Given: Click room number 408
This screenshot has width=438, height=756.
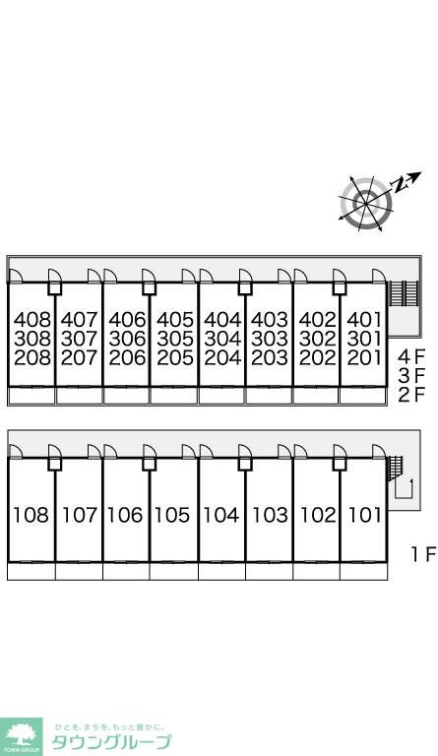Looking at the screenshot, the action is click(x=31, y=319).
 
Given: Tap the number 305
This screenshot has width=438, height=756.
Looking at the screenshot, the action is click(x=175, y=339).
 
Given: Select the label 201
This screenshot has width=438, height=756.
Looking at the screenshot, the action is click(x=365, y=357).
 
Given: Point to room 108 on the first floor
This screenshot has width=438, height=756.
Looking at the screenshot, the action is click(x=31, y=515).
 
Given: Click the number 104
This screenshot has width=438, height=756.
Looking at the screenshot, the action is click(x=221, y=515).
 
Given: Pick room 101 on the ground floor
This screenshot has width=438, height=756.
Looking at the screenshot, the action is click(x=365, y=515).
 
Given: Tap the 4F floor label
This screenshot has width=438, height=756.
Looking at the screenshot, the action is click(x=412, y=357).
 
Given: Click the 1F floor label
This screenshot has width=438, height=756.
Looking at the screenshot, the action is click(x=423, y=554).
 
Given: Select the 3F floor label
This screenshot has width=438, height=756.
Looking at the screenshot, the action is click(x=412, y=376).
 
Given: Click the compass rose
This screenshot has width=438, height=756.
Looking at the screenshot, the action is click(x=366, y=204).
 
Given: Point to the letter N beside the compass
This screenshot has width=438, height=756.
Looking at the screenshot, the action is click(x=398, y=184).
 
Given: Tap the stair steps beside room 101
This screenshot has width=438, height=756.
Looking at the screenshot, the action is click(x=395, y=467).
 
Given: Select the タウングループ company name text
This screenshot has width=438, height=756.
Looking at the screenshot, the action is click(x=111, y=742).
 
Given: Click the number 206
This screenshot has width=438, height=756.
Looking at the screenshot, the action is click(x=127, y=357).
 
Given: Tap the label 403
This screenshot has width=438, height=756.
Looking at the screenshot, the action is click(x=270, y=319).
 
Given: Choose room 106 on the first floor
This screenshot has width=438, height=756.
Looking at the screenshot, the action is click(x=125, y=515).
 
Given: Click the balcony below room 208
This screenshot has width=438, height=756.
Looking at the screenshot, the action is click(x=31, y=396).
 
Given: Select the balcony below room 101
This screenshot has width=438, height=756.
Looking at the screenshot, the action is click(x=363, y=571).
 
